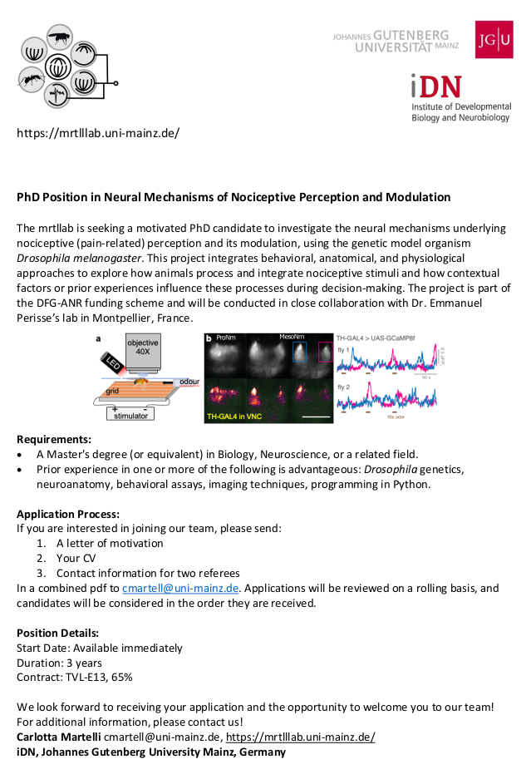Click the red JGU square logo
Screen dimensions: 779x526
[494, 39]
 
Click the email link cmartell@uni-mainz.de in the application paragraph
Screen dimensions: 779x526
[180, 588]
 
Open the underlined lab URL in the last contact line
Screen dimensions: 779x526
[300, 737]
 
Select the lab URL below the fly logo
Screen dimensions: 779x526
[98, 133]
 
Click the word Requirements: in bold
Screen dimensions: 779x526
[54, 438]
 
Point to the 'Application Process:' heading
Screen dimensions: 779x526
[68, 513]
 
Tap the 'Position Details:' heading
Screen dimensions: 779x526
[58, 633]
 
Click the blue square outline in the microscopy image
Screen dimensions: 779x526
[301, 351]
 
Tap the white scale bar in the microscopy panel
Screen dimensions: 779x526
[310, 416]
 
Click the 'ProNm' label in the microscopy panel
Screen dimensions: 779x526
[226, 339]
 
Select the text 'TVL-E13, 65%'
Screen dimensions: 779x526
[98, 678]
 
